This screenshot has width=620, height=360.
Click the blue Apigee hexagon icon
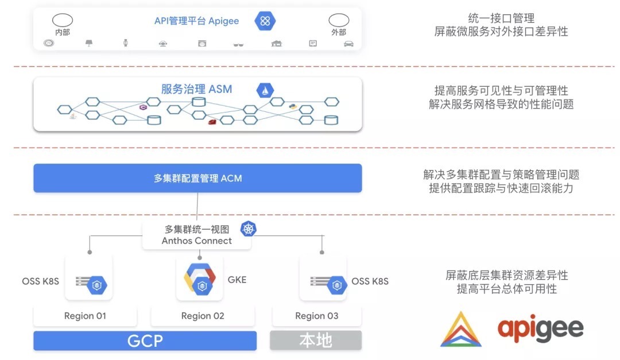tap(265, 21)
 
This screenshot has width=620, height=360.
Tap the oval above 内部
tap(62, 21)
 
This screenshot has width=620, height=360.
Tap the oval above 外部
tap(339, 21)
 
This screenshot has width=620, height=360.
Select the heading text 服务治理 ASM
tap(197, 90)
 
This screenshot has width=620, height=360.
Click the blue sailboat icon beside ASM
tap(265, 90)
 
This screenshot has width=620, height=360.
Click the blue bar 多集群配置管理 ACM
tap(197, 178)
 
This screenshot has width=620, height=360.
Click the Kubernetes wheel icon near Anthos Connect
tap(248, 229)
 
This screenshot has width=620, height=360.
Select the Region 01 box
tap(85, 316)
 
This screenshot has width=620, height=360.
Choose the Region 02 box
tap(203, 316)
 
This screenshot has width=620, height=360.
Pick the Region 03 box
tap(316, 316)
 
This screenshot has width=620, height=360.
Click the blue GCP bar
tap(145, 340)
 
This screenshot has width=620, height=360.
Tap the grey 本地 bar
tap(316, 340)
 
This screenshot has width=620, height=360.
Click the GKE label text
tap(237, 280)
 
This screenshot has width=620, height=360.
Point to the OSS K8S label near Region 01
tap(40, 281)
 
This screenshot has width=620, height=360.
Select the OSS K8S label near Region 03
tap(370, 281)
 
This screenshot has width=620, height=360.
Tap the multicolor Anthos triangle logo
tap(461, 330)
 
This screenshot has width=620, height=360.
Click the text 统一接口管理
tap(501, 18)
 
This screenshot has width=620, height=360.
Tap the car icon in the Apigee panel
tap(348, 44)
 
